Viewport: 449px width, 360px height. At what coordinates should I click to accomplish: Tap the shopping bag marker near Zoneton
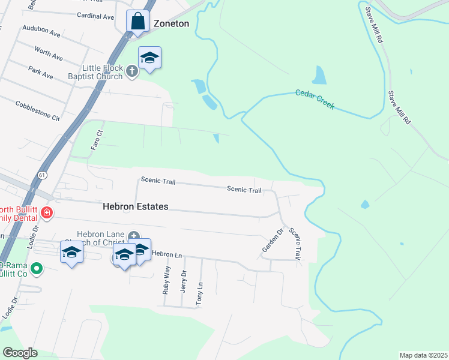click(x=138, y=22)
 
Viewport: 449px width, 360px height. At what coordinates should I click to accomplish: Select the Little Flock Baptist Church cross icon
click(x=133, y=71)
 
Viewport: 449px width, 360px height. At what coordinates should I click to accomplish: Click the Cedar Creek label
click(x=315, y=100)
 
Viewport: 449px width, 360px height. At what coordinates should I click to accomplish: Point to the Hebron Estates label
click(x=135, y=206)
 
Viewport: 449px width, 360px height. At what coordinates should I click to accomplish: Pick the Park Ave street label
click(x=40, y=73)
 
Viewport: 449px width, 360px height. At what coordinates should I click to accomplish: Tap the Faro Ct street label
click(x=97, y=140)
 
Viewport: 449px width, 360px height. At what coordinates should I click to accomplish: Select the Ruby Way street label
click(x=166, y=280)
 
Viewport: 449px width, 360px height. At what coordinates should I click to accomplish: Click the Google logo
click(x=20, y=353)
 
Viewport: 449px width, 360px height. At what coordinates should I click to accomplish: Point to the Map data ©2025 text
click(x=423, y=355)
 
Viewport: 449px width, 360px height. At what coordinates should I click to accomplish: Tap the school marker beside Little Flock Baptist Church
click(x=149, y=58)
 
